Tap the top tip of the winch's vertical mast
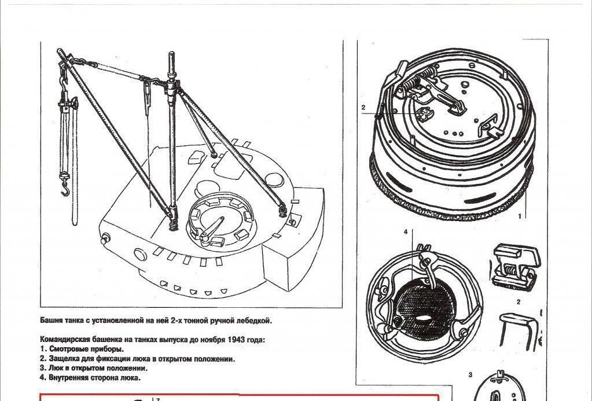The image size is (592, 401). [171, 55]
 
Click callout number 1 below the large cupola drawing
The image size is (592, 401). [519, 216]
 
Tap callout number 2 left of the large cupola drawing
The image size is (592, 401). [363, 108]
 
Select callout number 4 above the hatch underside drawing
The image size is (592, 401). [406, 231]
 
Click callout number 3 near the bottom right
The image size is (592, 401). [470, 375]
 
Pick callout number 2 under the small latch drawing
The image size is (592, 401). [519, 301]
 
